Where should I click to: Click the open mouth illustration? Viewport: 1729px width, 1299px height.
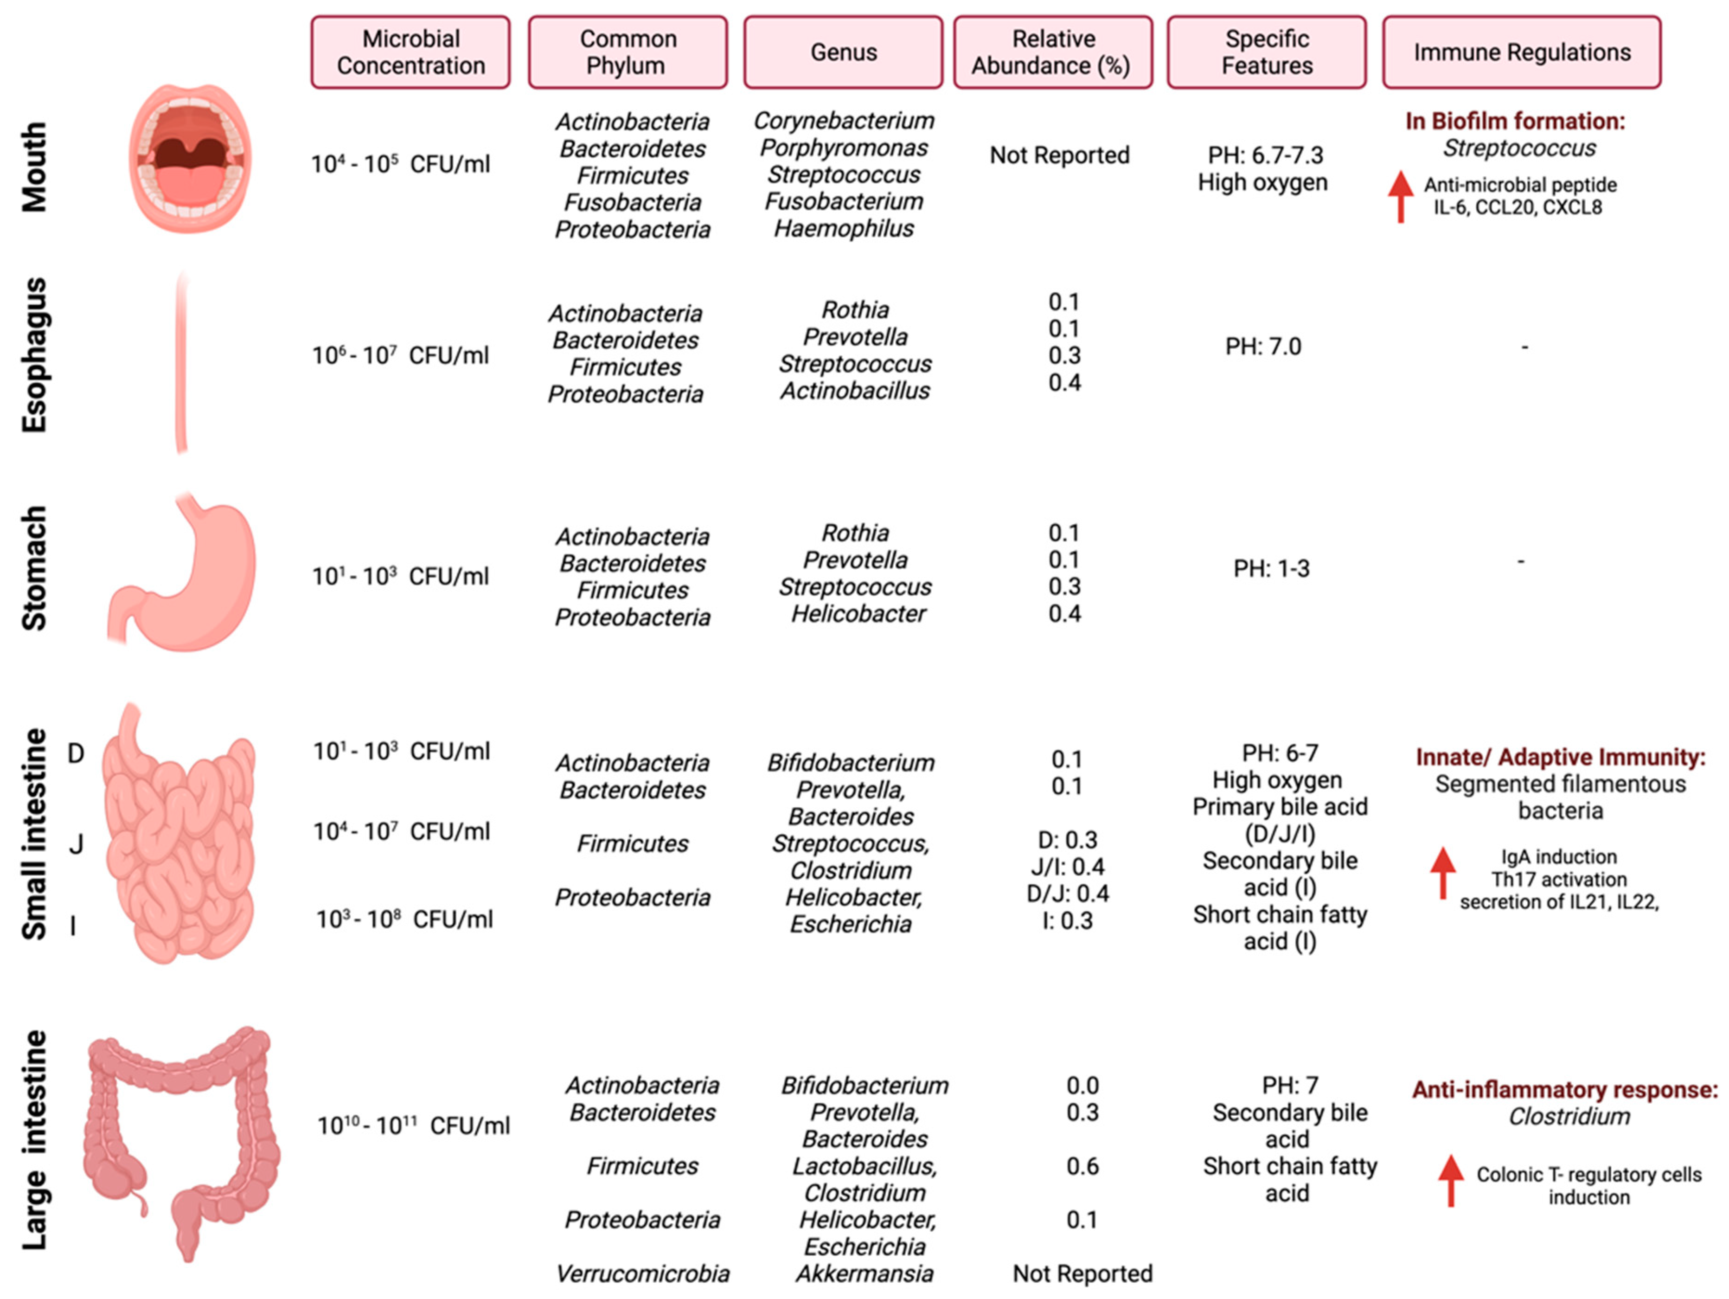(x=190, y=159)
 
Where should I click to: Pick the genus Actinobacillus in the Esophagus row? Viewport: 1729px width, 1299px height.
(x=855, y=390)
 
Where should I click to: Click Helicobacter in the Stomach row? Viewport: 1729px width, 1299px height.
(x=858, y=614)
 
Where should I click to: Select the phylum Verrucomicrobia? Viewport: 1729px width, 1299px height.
(x=642, y=1273)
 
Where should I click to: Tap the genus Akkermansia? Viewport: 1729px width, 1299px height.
(x=864, y=1273)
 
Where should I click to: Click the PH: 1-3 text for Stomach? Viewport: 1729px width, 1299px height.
(x=1271, y=569)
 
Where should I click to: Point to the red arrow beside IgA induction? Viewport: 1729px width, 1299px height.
(x=1442, y=872)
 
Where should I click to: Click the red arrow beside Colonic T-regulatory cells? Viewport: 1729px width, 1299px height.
(x=1451, y=1179)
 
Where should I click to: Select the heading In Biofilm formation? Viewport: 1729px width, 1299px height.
(x=1515, y=121)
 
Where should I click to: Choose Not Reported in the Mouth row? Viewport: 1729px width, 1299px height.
(x=1059, y=155)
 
